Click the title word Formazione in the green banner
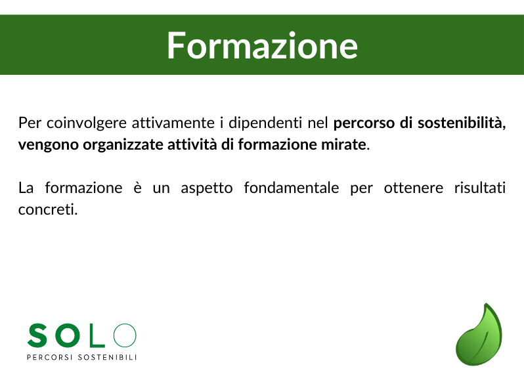(x=263, y=45)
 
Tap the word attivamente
(x=173, y=123)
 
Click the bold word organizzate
(x=123, y=145)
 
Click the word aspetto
(x=207, y=188)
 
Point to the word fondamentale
(x=292, y=188)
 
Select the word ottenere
(x=414, y=188)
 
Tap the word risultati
(x=480, y=188)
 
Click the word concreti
(x=48, y=210)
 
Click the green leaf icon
(x=479, y=335)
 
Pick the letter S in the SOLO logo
(x=37, y=335)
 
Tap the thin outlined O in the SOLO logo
(x=125, y=335)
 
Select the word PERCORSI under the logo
(x=49, y=357)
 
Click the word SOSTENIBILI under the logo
(x=107, y=357)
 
